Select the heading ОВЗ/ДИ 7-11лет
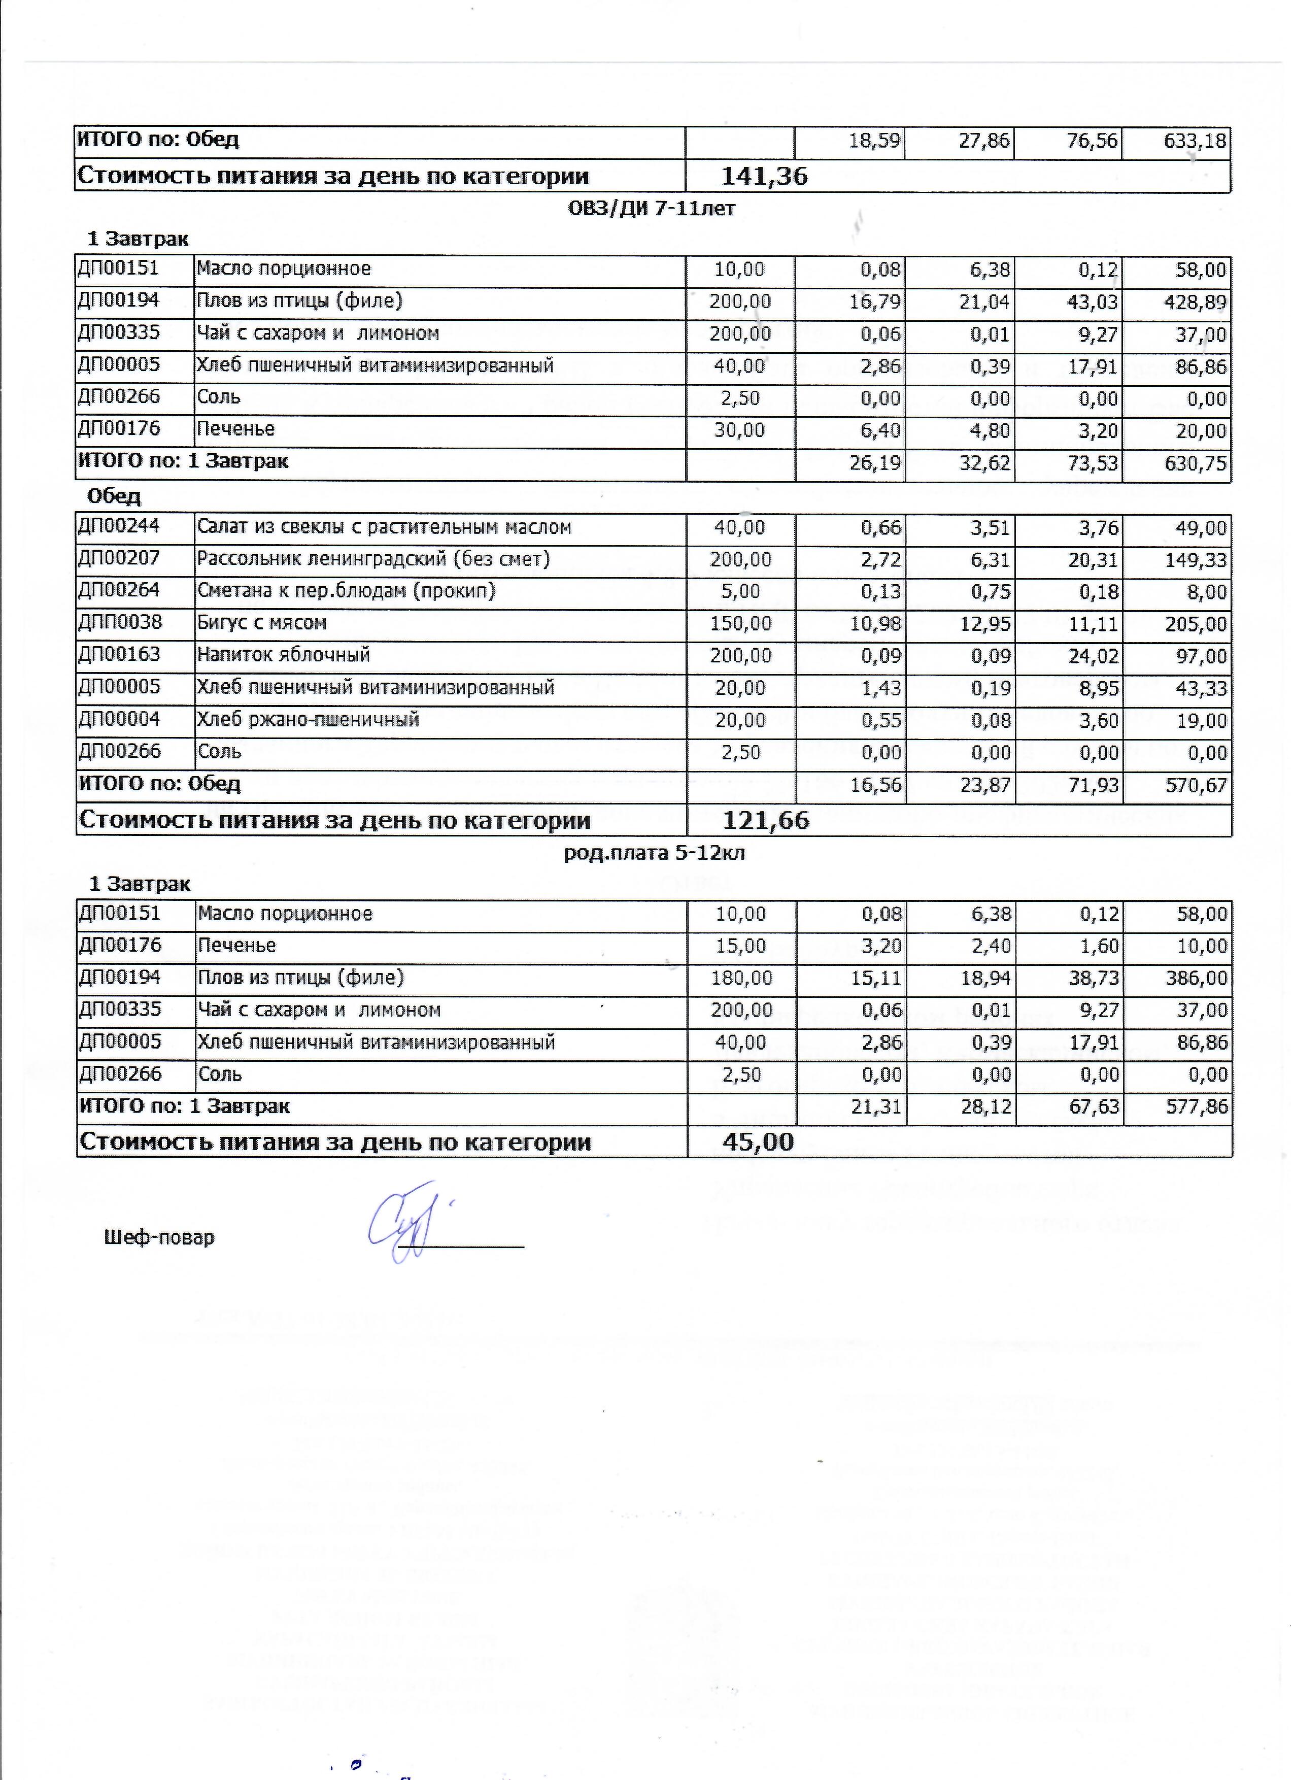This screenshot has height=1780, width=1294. [x=652, y=209]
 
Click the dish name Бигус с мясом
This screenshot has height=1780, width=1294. [x=261, y=624]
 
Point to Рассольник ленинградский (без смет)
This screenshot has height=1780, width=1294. [x=373, y=560]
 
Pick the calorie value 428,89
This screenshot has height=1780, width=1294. [x=1195, y=302]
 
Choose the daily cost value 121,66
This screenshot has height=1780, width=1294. [x=765, y=821]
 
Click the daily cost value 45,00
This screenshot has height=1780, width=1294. [x=758, y=1143]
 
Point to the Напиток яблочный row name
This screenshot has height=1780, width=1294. [x=283, y=655]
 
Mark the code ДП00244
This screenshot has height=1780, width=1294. [x=119, y=527]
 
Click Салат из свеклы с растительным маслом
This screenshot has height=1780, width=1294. [x=384, y=527]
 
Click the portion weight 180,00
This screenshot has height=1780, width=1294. [x=741, y=979]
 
